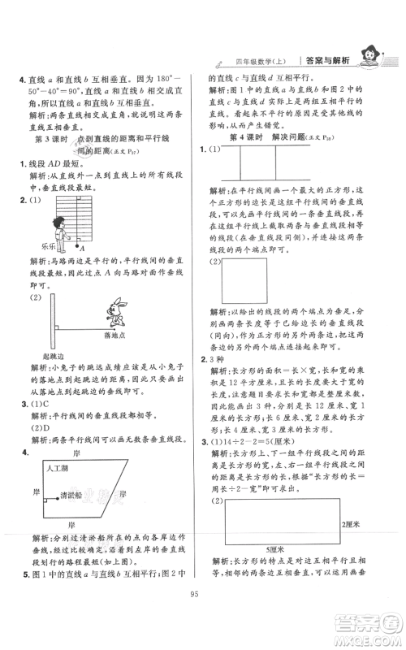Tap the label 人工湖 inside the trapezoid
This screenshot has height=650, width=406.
click(60, 470)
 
